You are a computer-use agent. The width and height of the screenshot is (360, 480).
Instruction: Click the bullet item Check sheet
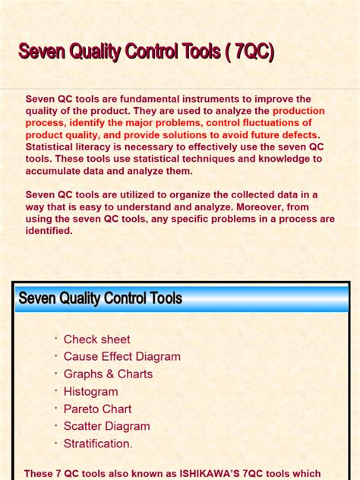coord(96,339)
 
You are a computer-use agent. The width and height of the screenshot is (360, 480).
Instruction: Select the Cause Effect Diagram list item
coord(122,357)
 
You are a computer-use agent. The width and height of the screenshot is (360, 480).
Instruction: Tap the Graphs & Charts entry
coord(108,374)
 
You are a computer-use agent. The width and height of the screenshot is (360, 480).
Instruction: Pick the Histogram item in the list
coord(90,392)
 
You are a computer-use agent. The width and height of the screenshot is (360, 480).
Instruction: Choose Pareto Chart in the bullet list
coord(97,409)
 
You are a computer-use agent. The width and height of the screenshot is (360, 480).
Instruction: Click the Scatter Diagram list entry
coord(106,427)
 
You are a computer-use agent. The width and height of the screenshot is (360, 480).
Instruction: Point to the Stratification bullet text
coord(98,444)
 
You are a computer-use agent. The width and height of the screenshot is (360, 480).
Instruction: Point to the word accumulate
coord(56,172)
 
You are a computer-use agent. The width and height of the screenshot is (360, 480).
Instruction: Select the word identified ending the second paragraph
coord(49,231)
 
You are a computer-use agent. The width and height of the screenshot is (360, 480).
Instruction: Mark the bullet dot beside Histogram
coord(55,390)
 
